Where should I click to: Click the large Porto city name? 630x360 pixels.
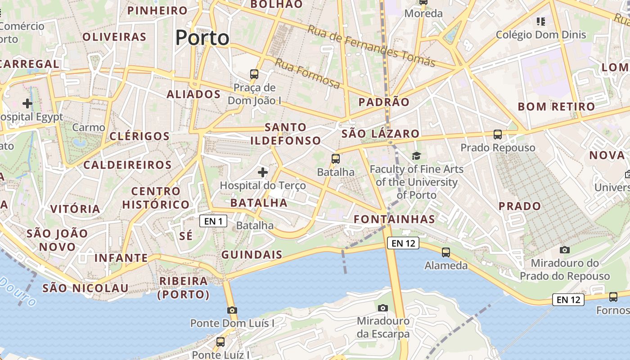202,38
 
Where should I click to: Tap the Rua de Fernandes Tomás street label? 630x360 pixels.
371,45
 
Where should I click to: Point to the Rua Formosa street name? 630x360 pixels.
307,73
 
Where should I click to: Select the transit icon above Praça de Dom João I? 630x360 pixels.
254,74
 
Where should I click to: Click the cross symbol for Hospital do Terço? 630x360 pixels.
263,172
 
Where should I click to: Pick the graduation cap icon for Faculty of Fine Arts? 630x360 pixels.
416,156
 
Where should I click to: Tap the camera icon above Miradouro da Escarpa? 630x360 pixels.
383,308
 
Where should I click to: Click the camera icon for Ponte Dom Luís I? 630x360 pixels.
232,310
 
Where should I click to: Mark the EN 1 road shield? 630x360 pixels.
213,221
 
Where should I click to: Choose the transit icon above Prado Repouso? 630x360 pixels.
498,134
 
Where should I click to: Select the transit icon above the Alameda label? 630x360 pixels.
446,252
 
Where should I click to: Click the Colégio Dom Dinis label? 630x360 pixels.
541,35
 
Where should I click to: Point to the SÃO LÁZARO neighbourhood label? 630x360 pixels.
380,134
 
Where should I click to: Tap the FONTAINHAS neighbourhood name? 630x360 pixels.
394,220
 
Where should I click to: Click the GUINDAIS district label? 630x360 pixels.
252,255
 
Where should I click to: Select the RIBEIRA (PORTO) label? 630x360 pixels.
184,288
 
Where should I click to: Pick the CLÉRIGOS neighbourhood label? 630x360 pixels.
139,136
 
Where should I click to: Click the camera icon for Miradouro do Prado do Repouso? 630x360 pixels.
564,250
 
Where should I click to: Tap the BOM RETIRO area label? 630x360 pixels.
556,107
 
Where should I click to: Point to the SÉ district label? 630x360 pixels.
186,236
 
